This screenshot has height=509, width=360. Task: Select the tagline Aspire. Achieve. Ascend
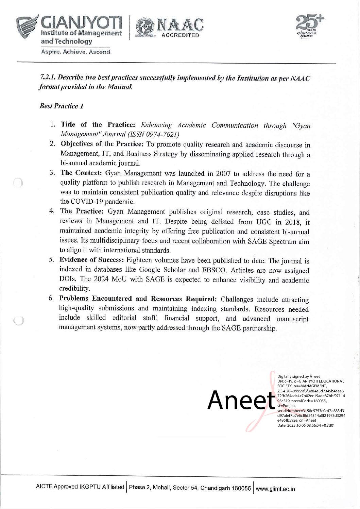click(75, 52)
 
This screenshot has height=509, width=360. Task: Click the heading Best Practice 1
click(61, 106)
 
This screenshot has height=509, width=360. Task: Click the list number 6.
click(51, 299)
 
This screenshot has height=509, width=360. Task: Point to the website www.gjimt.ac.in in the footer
click(275, 489)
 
